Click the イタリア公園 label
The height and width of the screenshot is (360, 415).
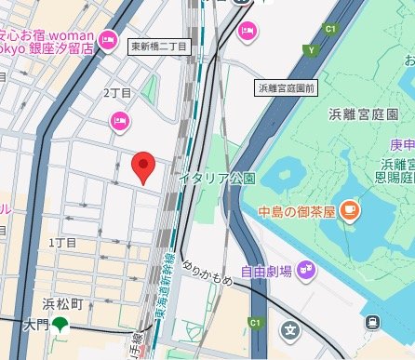point(217,178)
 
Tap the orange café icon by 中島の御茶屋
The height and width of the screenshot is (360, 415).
point(350,210)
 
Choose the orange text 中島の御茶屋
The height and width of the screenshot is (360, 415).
point(296,210)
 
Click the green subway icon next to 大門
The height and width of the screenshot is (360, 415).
point(60,325)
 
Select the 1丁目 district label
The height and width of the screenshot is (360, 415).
point(62,243)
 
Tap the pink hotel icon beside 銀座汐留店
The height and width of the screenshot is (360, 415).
point(108,41)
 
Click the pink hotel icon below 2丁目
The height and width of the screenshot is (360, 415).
point(119,120)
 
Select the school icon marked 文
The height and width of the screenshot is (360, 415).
point(291,329)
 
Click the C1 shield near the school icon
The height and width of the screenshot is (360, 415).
point(253,323)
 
